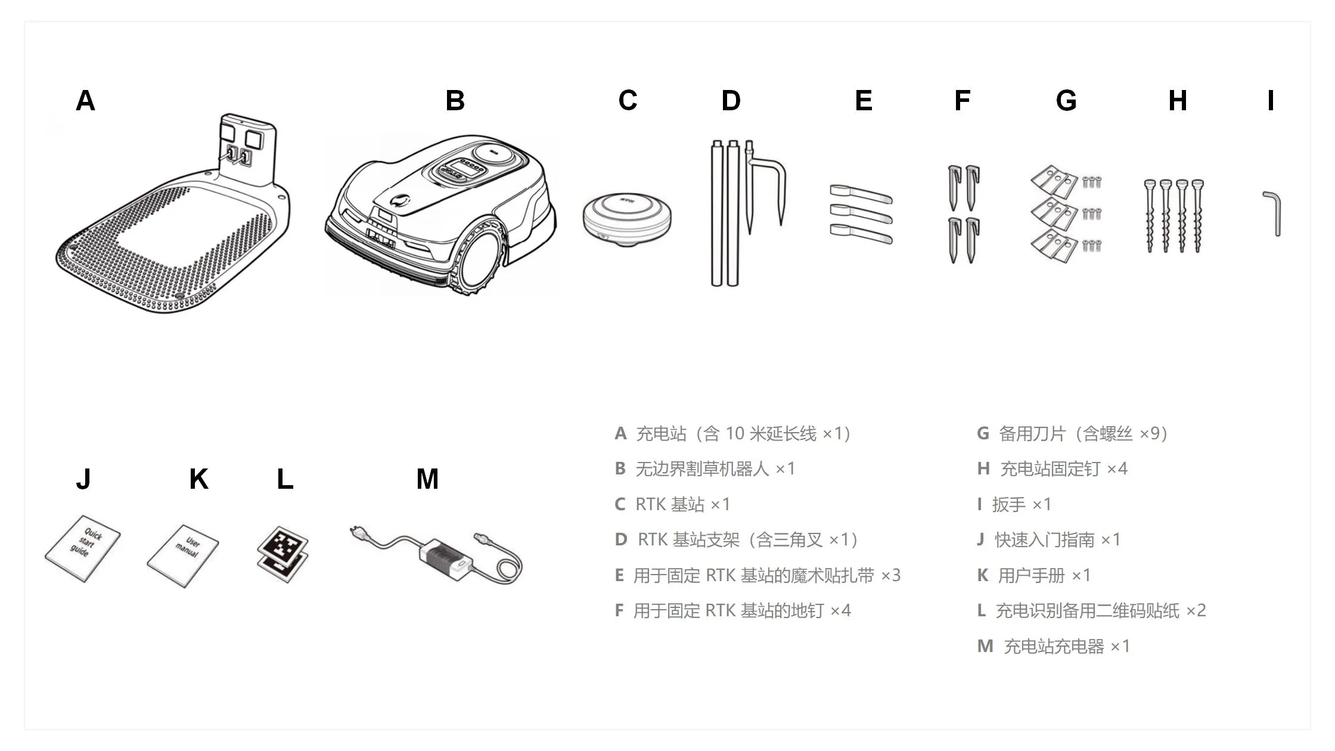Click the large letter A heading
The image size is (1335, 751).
pos(85,101)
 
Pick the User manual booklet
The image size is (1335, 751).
pos(184,556)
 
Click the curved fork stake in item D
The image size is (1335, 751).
pos(766,185)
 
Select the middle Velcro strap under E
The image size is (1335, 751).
pos(861,212)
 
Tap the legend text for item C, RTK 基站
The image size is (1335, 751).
pos(672,504)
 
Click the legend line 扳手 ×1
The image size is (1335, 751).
pos(1014,504)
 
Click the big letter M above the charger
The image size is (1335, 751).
pos(427,479)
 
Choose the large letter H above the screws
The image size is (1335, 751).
pos(1177,101)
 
